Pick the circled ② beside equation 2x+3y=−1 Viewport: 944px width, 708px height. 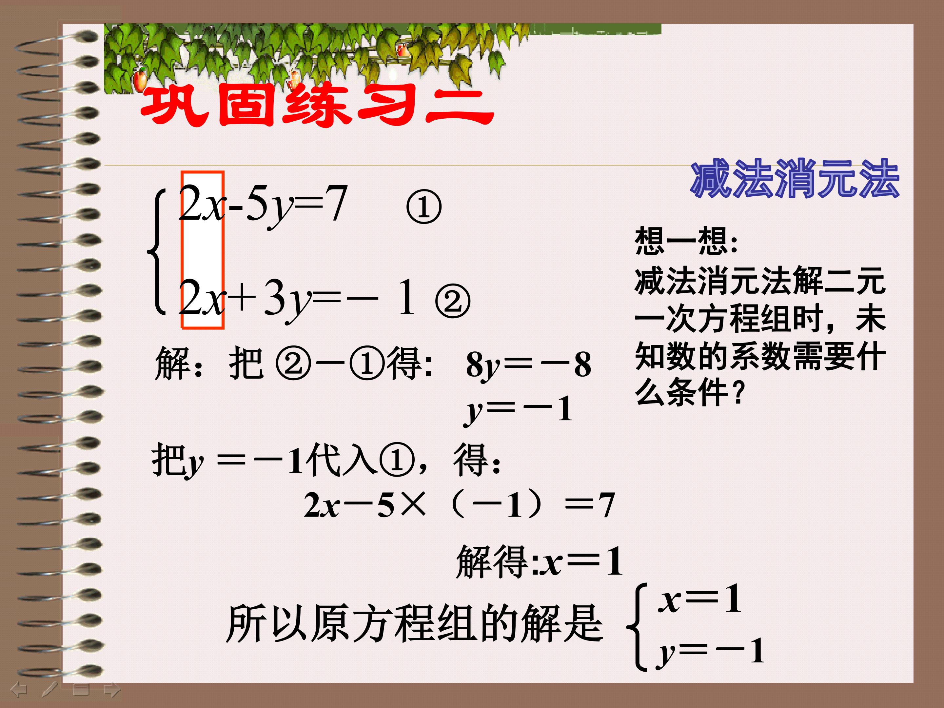[452, 302]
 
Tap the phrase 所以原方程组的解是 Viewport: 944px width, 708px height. [414, 624]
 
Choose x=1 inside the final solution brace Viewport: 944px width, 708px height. [700, 600]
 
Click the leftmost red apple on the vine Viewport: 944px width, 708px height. [140, 80]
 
